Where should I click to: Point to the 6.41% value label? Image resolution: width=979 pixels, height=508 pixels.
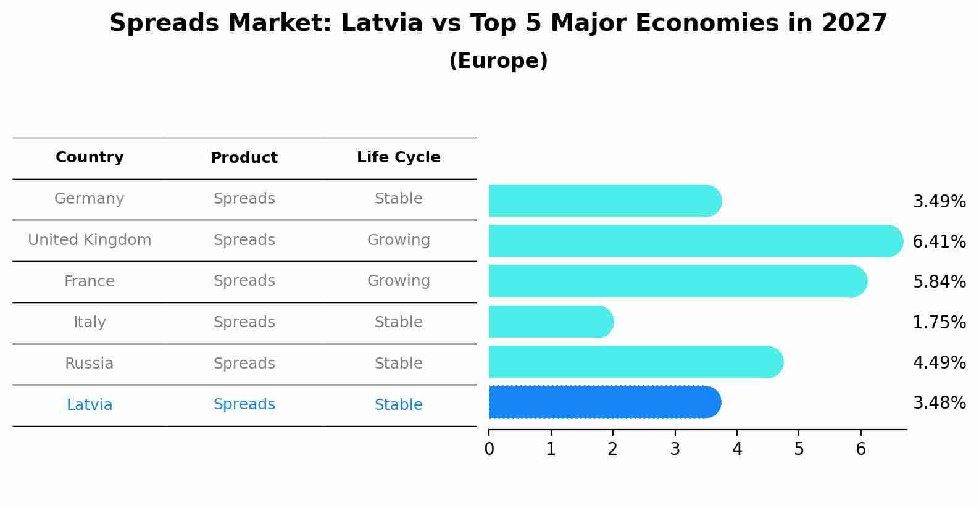pos(939,241)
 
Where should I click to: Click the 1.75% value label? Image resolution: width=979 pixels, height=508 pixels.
pos(939,322)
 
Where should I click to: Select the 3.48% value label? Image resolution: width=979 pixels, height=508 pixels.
pos(939,403)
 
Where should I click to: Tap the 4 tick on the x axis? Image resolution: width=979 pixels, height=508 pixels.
pos(737,449)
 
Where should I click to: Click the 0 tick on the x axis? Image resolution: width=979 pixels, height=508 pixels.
pos(489,449)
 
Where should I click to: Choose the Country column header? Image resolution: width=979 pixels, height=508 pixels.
pos(90,157)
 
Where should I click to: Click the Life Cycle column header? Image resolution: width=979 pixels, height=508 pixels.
pos(398,157)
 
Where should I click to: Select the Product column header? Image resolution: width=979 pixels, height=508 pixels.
pos(244,158)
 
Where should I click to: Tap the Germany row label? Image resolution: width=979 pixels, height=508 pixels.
pos(90,199)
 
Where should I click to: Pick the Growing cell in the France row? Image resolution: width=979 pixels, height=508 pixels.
pos(398,281)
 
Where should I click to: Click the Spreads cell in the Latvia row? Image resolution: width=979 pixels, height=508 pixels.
pos(244,404)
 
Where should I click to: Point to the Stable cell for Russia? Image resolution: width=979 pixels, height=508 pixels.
pos(398,364)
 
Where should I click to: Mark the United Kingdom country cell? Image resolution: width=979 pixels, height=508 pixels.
pos(90,240)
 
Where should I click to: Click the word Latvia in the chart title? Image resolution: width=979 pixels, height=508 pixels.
pos(381,23)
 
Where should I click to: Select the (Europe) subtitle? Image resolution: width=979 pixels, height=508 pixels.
pos(498,61)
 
